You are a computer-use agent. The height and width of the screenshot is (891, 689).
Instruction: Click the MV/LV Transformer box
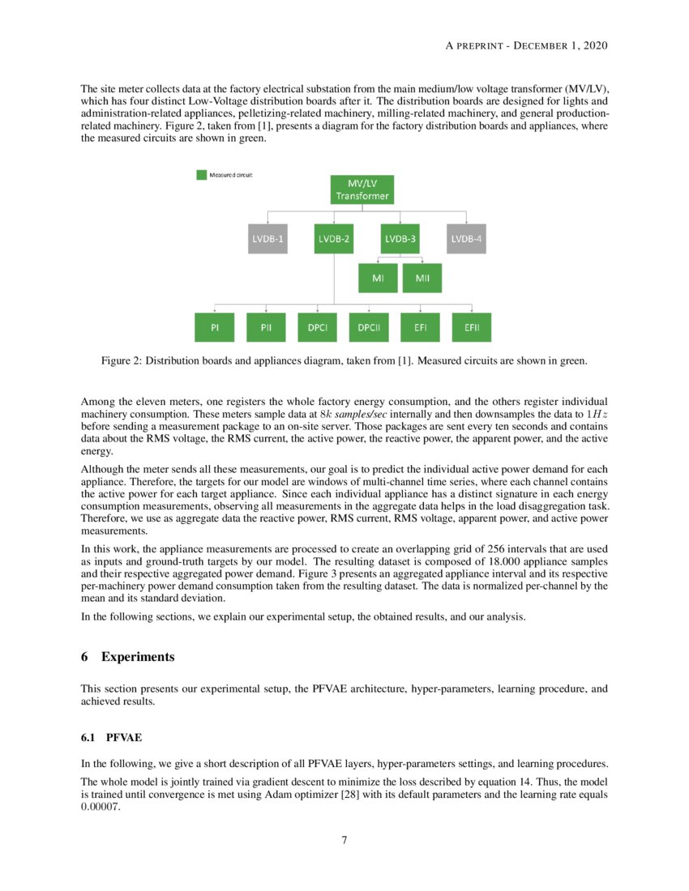point(362,190)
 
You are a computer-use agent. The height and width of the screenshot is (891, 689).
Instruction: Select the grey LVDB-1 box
point(267,239)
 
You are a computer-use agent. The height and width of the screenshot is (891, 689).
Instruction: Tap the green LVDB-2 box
point(334,239)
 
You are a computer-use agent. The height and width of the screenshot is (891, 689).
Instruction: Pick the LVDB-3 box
point(400,239)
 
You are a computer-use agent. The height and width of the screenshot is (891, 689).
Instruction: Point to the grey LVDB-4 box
point(466,239)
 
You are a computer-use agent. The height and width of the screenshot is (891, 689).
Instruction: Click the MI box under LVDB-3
point(378,278)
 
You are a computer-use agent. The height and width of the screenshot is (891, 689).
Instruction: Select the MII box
point(422,278)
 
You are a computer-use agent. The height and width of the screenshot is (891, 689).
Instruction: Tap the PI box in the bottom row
point(215,327)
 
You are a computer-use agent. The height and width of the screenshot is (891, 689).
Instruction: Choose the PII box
point(267,327)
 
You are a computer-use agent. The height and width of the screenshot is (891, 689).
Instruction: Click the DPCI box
point(318,327)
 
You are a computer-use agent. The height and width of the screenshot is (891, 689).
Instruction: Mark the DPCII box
point(369,327)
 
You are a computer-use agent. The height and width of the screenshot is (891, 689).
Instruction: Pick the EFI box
point(421,327)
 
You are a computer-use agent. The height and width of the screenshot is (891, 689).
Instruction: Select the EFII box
point(472,327)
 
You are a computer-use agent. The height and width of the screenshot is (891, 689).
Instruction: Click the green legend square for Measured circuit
point(202,175)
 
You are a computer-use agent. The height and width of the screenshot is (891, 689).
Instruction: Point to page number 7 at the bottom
point(344,840)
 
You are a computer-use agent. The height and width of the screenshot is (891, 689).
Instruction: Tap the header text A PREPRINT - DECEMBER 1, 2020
point(527,45)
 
